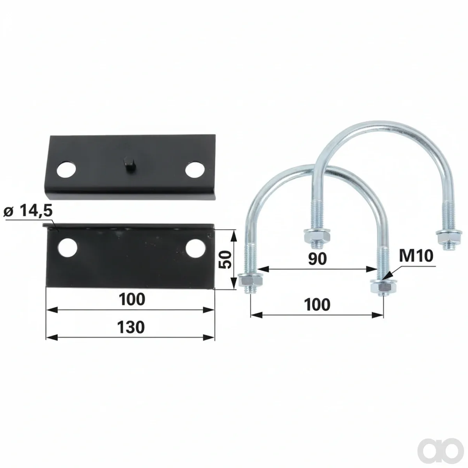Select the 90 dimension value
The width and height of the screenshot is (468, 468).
317,259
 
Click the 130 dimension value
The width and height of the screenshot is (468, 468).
131,327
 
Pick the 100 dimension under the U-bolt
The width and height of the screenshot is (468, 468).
317,305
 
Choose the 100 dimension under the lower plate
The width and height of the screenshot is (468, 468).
132,299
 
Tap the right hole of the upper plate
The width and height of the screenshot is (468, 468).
195,170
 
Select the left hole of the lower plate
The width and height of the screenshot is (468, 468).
67,248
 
